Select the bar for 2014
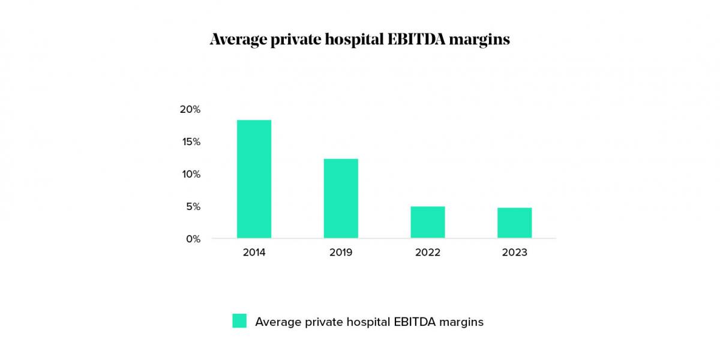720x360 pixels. [254, 179]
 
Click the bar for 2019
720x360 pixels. [341, 198]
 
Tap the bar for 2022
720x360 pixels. [428, 222]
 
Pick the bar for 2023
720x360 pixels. [514, 223]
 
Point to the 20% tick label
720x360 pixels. [190, 109]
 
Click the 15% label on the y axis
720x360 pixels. [190, 142]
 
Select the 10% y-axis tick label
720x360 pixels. [190, 174]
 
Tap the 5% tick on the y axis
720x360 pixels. [192, 206]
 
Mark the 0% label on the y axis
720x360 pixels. [192, 239]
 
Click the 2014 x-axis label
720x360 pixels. [254, 253]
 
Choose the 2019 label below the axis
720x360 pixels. [341, 253]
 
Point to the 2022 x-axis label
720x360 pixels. [428, 253]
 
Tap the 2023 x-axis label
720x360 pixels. [514, 253]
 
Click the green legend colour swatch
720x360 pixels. [239, 321]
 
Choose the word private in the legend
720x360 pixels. [324, 322]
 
